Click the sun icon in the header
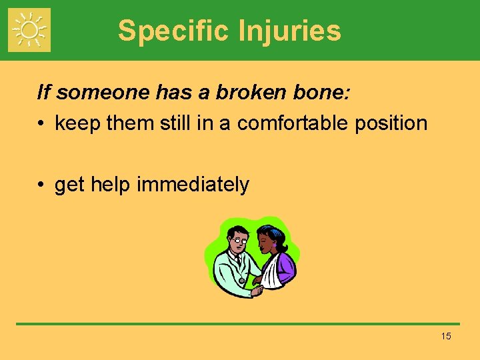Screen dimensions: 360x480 [x=29, y=30]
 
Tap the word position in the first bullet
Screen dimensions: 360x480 [x=393, y=123]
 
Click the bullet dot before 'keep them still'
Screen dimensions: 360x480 [x=42, y=124]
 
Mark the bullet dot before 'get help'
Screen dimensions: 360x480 [x=42, y=185]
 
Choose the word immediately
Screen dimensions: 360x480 [x=193, y=185]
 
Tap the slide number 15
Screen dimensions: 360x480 [x=446, y=336]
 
